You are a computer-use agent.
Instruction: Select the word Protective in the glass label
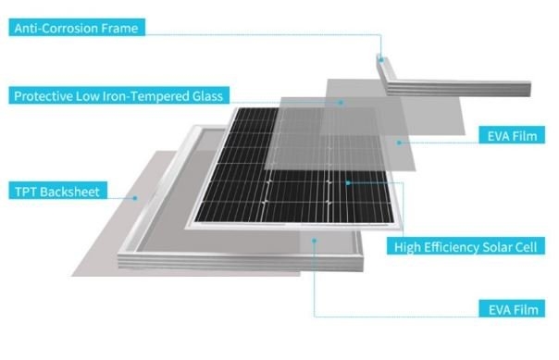(x=41, y=96)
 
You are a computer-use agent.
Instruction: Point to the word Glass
(x=206, y=96)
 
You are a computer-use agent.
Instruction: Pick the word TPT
(x=25, y=192)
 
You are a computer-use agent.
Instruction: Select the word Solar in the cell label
(x=494, y=246)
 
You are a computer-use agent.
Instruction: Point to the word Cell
(x=526, y=246)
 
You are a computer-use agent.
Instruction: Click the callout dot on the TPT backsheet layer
(x=135, y=196)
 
